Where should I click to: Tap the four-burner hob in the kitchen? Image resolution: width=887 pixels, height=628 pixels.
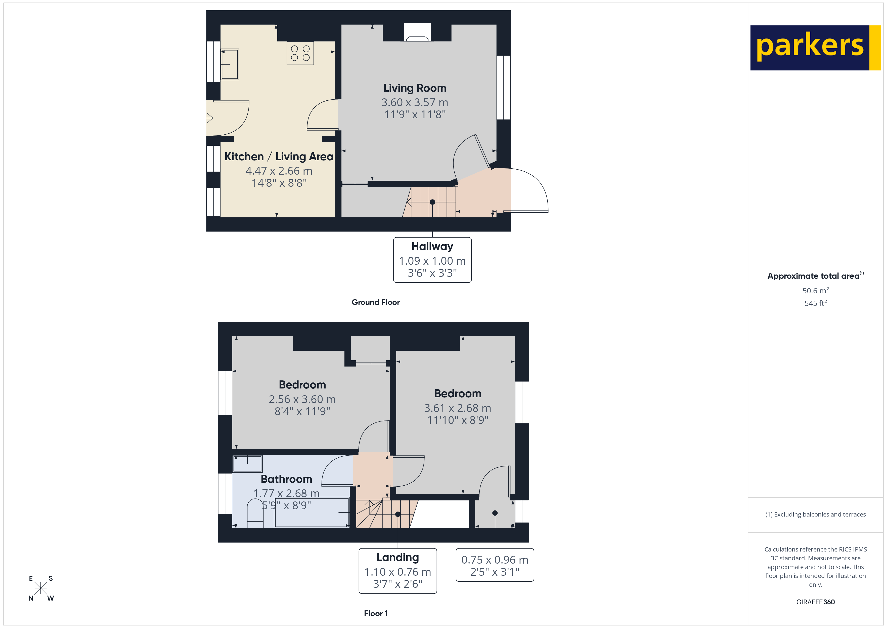click(300, 53)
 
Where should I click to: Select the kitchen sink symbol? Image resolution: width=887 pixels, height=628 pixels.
click(230, 64)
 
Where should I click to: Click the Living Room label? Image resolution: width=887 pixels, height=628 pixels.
click(415, 88)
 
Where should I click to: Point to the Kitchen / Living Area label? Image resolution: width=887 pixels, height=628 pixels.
click(279, 156)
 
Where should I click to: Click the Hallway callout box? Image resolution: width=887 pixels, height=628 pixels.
click(432, 260)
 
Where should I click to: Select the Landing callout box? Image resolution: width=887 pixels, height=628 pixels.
click(397, 571)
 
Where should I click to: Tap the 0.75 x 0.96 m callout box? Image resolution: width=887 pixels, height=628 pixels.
click(495, 565)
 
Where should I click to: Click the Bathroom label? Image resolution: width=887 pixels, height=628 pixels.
click(286, 479)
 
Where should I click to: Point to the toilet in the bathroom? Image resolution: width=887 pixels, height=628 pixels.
click(255, 514)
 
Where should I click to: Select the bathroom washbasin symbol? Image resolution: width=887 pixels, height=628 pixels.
click(247, 464)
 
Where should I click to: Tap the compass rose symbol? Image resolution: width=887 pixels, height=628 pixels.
click(40, 588)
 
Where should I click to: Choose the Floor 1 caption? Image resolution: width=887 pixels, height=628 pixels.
click(376, 613)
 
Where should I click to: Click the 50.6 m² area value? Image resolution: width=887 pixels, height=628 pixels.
click(815, 290)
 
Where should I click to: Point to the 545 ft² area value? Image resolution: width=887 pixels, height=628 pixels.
click(815, 303)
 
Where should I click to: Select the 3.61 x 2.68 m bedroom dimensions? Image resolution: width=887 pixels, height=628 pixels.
click(457, 408)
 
